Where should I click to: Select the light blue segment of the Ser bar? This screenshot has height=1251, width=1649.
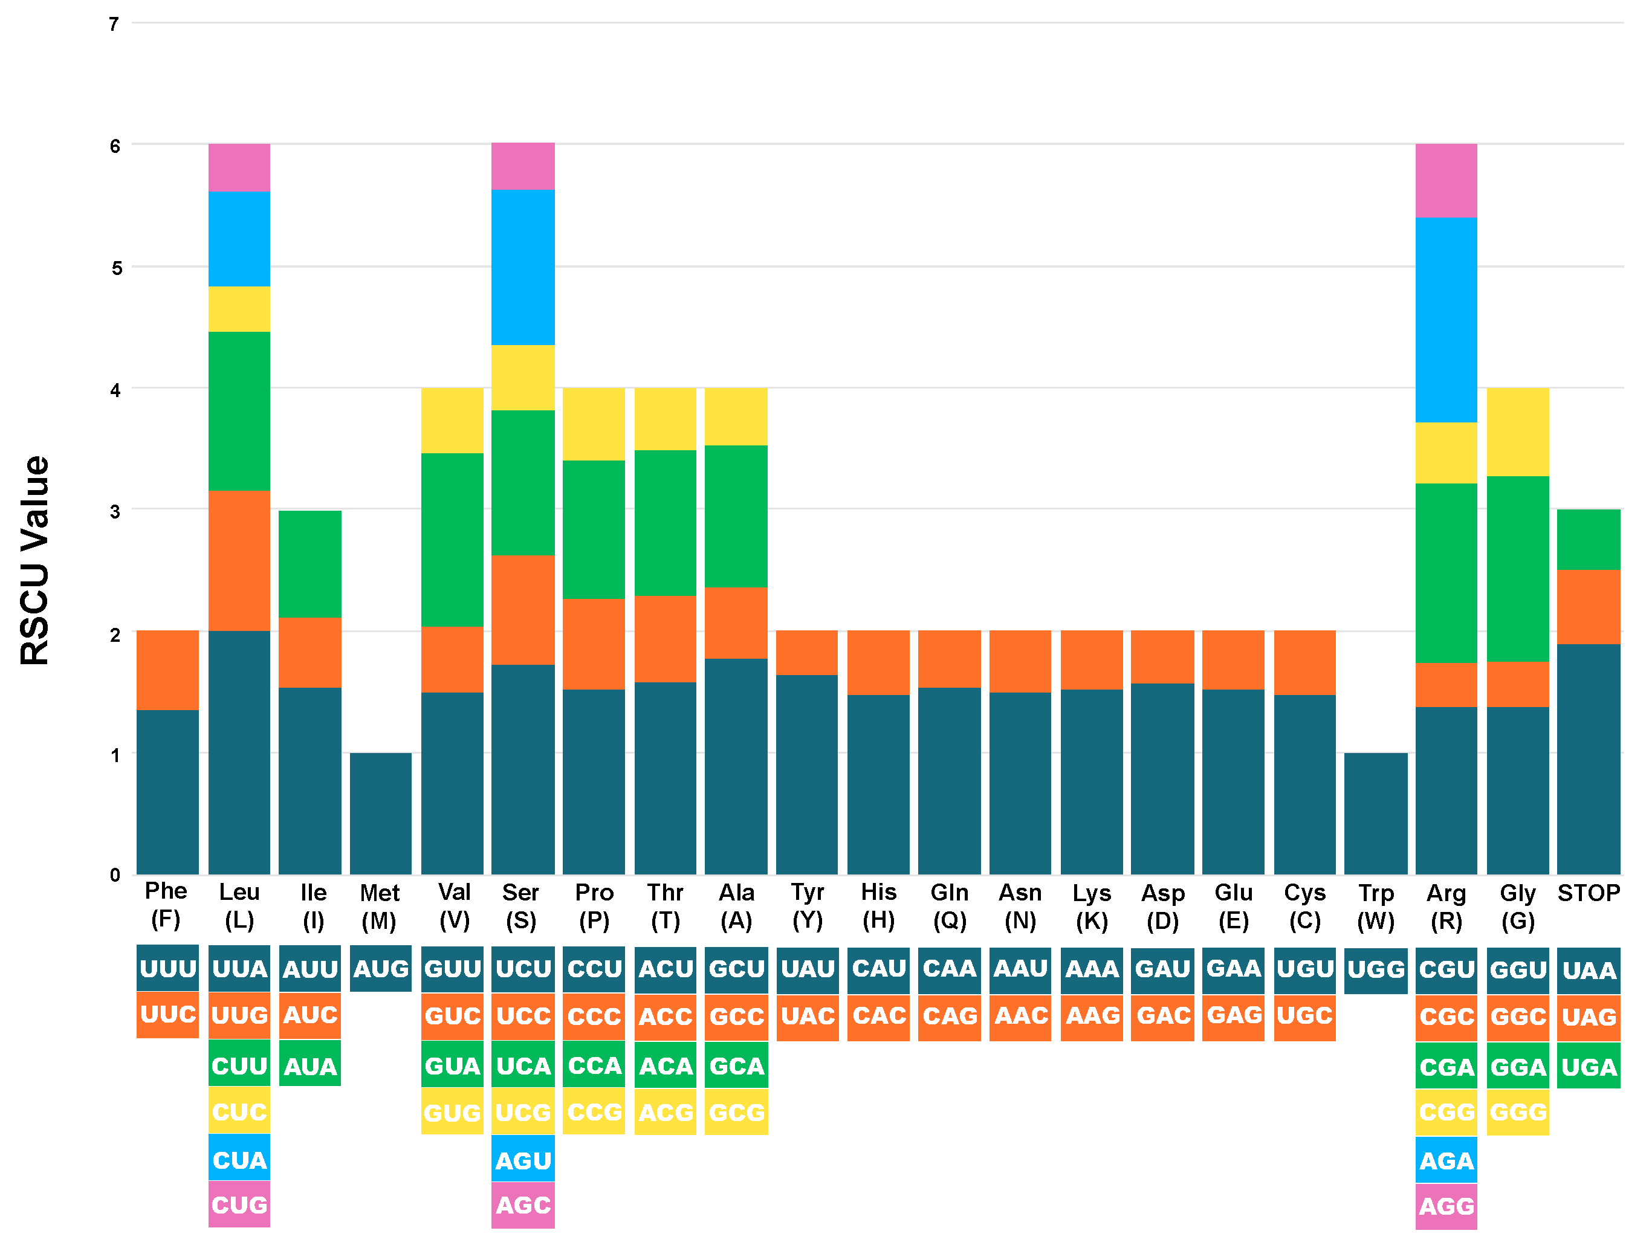pos(523,267)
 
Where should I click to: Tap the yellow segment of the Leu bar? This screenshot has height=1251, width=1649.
pos(239,309)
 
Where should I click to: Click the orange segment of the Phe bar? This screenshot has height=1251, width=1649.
pos(167,670)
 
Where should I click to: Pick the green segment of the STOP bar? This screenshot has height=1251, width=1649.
pos(1588,539)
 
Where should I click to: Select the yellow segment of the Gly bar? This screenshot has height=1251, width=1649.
pos(1517,432)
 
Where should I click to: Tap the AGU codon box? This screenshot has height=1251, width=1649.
pos(523,1160)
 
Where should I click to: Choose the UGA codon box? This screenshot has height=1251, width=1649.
pos(1588,1066)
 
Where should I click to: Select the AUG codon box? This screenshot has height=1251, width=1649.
pos(380,968)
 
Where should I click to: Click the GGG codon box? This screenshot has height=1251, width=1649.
pos(1517,1111)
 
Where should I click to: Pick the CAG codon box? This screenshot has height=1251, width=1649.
pos(949,1015)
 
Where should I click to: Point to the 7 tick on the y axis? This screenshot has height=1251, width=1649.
pos(114,25)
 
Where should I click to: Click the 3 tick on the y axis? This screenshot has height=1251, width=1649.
pos(114,511)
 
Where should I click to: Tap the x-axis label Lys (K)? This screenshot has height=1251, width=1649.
pos(1092,906)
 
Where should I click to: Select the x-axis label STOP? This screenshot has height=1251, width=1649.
pos(1588,893)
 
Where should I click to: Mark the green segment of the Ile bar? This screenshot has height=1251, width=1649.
pos(309,564)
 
